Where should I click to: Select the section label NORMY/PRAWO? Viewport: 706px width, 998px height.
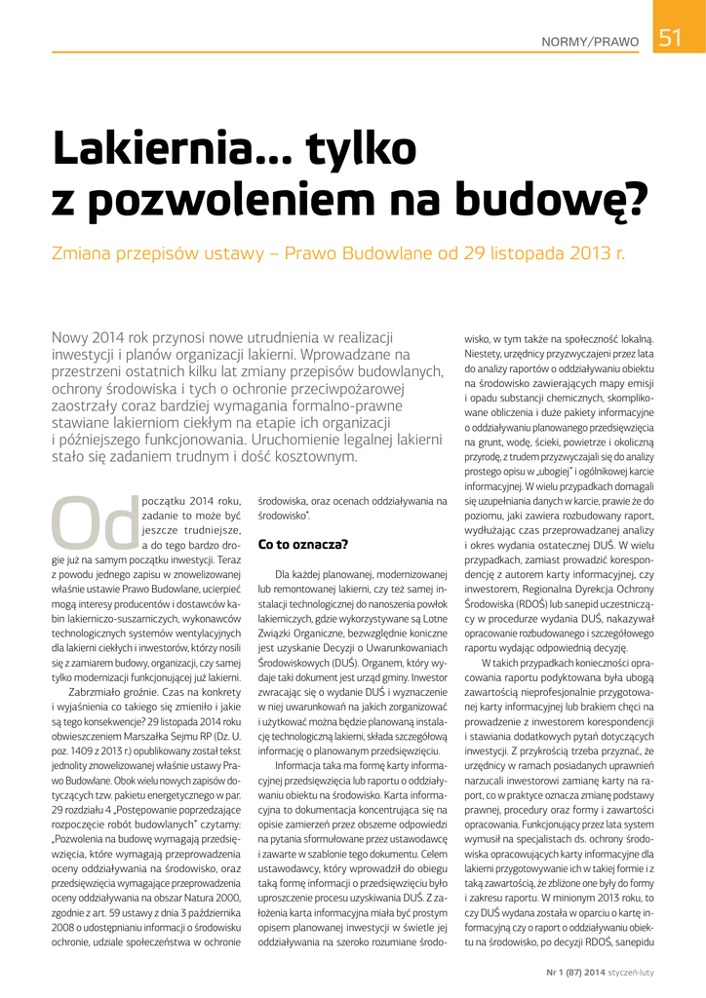[591, 43]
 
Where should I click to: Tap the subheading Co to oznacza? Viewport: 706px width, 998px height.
[302, 543]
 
